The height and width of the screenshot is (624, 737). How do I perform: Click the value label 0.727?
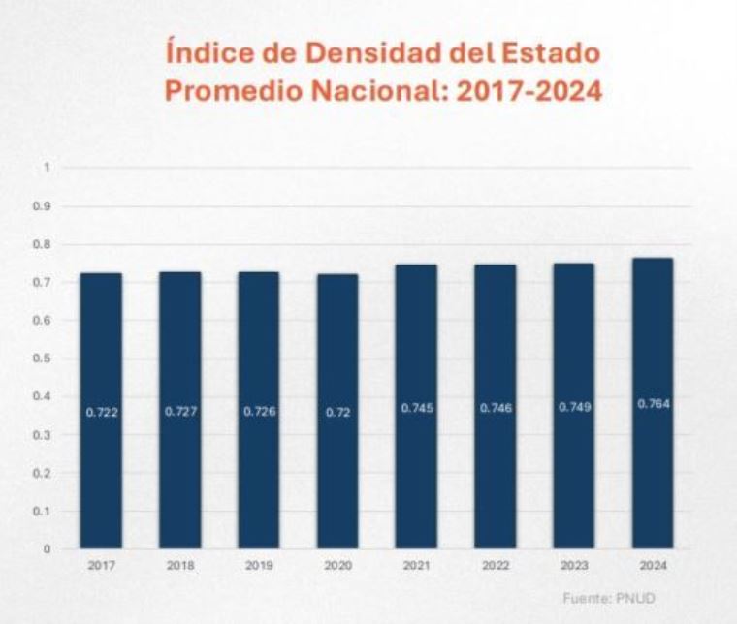pyautogui.click(x=179, y=412)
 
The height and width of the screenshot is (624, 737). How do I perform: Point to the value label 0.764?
pyautogui.click(x=653, y=403)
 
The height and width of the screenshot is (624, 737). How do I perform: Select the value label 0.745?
pyautogui.click(x=416, y=408)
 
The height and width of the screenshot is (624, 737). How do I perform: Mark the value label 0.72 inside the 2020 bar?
pyautogui.click(x=337, y=412)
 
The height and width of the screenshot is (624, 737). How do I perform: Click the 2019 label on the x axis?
pyautogui.click(x=258, y=564)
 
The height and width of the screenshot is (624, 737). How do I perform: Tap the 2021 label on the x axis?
pyautogui.click(x=416, y=564)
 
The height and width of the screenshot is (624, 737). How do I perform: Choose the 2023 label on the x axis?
pyautogui.click(x=574, y=564)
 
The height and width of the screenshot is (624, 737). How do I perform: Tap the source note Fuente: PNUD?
pyautogui.click(x=608, y=598)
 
